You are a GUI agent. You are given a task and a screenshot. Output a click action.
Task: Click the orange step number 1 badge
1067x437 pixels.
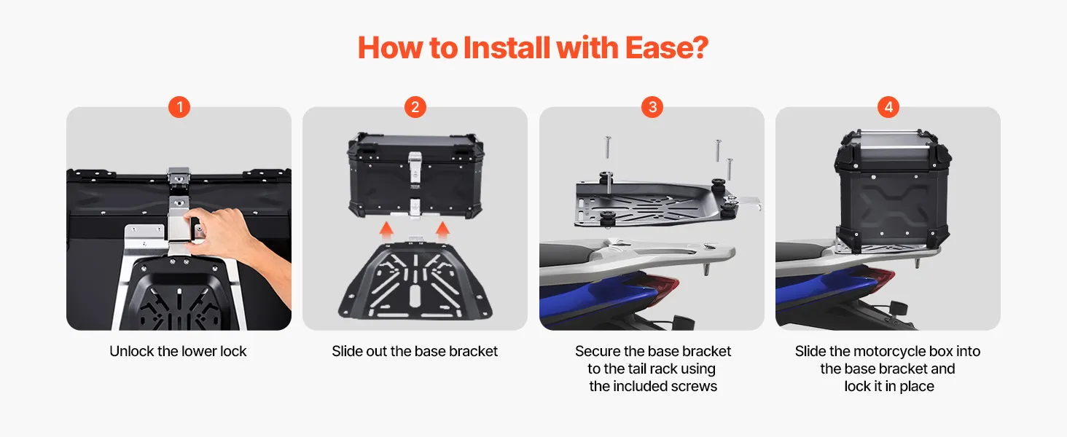coord(179,107)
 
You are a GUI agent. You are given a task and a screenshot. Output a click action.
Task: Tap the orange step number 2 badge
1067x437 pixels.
coord(415,107)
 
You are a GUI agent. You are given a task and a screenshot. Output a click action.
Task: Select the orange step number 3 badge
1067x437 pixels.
coord(652,107)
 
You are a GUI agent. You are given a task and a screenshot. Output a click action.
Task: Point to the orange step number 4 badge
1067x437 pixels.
coord(888,107)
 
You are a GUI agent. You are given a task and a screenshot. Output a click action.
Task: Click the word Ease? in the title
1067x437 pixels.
coord(666,48)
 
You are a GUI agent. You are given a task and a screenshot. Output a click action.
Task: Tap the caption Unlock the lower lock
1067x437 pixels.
coord(178,351)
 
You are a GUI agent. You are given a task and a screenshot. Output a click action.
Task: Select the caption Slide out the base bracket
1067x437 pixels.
coord(415,351)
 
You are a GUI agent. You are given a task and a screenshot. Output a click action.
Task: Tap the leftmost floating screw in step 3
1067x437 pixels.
coord(608,147)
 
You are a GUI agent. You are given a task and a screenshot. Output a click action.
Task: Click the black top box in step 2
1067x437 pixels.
coord(416,176)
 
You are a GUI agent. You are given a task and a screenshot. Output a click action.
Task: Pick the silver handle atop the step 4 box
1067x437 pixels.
coord(892,133)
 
